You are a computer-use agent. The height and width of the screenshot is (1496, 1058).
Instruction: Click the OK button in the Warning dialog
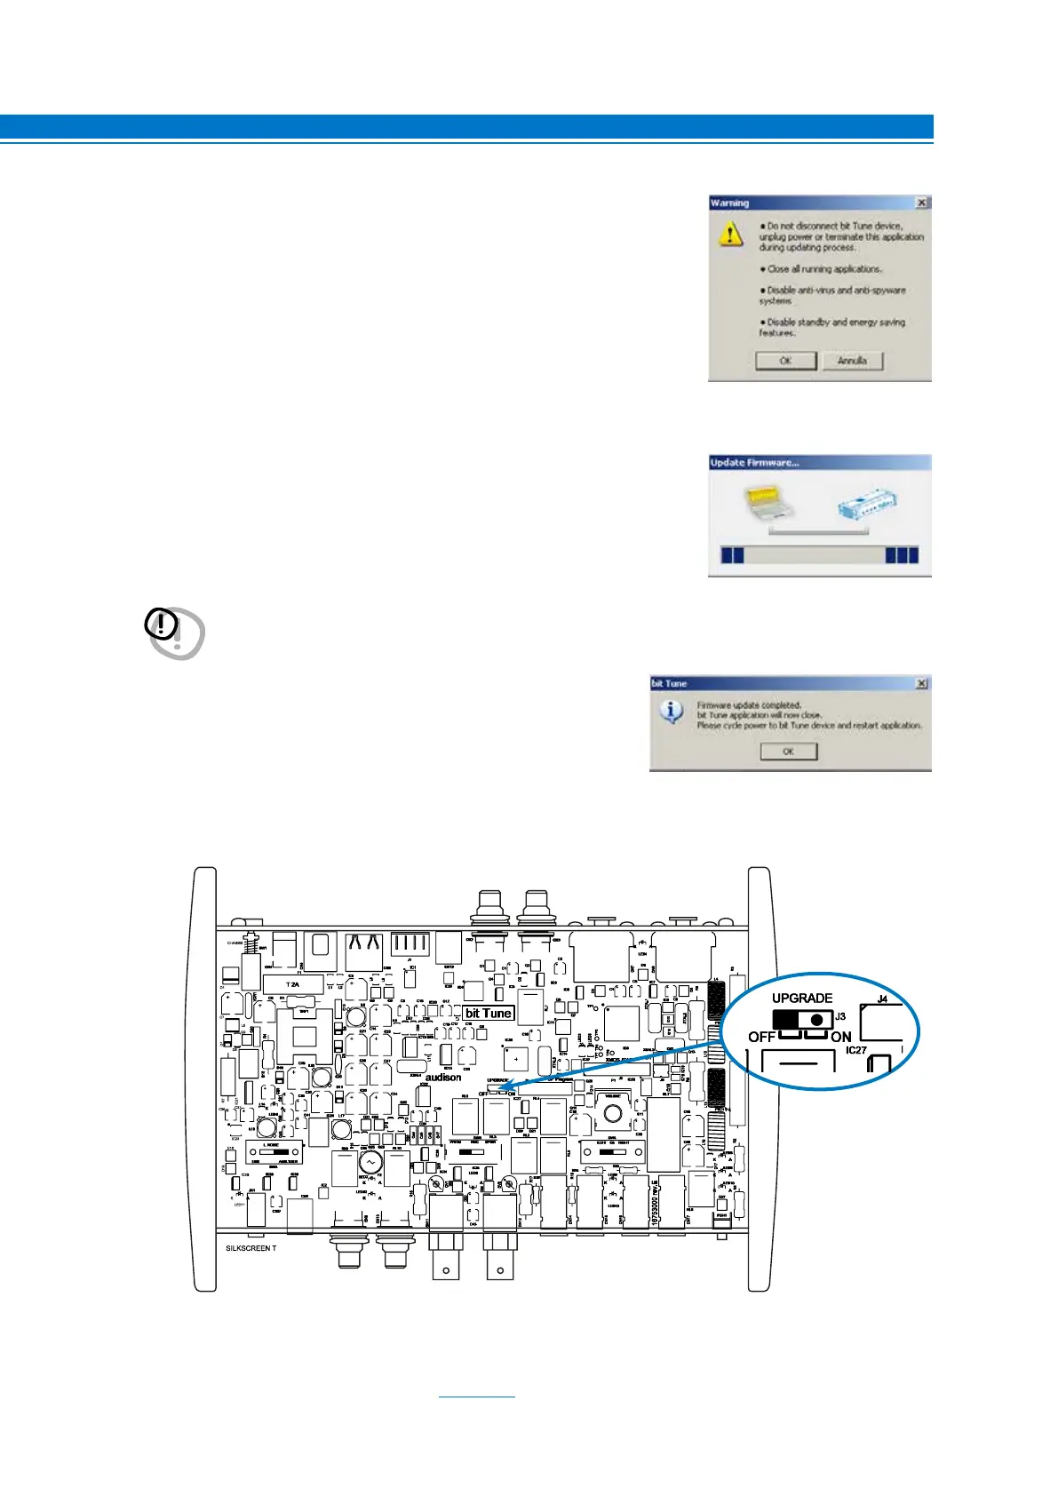tap(785, 361)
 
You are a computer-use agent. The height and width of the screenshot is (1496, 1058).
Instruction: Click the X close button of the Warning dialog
tap(921, 203)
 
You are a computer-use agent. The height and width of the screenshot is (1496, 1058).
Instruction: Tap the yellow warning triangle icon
tap(730, 234)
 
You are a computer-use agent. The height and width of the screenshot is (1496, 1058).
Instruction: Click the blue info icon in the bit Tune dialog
tap(672, 712)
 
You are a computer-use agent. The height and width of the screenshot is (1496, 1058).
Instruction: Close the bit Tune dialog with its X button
tap(921, 683)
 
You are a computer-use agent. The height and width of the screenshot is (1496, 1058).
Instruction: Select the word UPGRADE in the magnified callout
tap(801, 999)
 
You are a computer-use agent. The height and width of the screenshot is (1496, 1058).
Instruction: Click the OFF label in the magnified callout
tap(761, 1037)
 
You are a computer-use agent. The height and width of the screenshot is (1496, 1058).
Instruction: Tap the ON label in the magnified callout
tap(840, 1037)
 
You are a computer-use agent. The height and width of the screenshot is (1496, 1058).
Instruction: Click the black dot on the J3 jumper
tap(816, 1020)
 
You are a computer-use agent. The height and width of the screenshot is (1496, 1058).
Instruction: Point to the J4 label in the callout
tap(882, 999)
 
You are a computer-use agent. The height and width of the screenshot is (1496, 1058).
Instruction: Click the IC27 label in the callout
tap(855, 1050)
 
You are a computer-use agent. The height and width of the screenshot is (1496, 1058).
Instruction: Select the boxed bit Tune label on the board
tap(489, 1013)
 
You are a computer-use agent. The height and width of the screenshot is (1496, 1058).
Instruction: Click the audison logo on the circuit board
tap(443, 1078)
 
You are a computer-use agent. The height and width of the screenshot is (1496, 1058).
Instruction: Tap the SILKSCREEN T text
tap(251, 1248)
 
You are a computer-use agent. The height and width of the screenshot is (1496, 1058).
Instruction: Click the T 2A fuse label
tap(292, 984)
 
